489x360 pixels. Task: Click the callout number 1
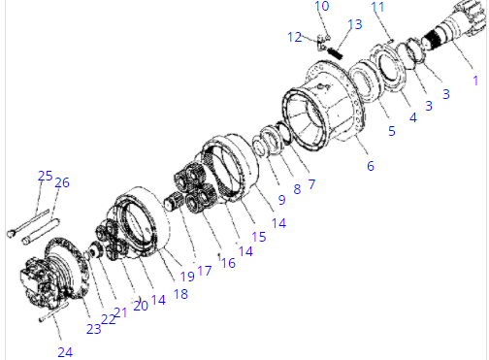[475, 81]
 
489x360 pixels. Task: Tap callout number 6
[371, 166]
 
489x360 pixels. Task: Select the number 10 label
[322, 6]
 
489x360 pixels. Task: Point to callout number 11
[377, 7]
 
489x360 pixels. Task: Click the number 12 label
[294, 37]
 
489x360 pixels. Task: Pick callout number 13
[354, 24]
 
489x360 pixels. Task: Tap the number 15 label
[259, 237]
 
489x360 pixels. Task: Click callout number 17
[204, 271]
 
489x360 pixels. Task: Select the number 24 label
[65, 352]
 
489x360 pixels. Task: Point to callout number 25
[45, 176]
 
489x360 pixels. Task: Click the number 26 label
[62, 182]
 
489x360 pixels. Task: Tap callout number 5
[392, 131]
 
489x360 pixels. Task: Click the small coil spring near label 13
[335, 53]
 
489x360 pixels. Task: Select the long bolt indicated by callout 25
[28, 222]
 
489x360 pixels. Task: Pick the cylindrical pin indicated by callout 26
[41, 232]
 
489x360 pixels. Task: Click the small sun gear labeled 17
[174, 201]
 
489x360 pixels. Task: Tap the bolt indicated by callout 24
[53, 312]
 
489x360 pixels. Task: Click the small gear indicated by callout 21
[95, 250]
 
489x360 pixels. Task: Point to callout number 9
[281, 200]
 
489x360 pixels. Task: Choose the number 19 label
[187, 277]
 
